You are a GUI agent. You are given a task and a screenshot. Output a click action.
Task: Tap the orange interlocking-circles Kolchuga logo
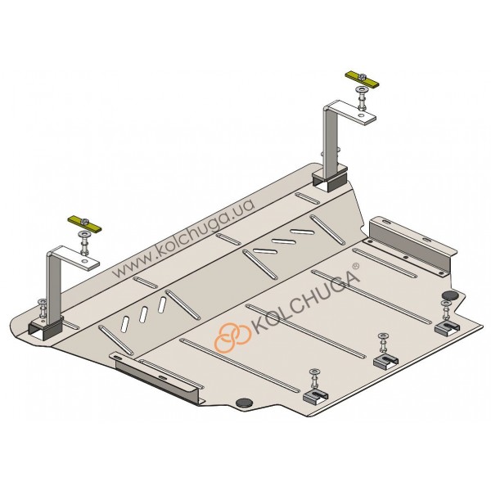(233, 337)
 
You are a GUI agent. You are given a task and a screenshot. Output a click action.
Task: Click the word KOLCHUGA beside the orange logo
(304, 300)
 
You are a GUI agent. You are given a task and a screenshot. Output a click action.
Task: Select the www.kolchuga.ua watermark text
(183, 237)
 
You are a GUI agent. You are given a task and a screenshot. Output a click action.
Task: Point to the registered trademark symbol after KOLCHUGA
(356, 267)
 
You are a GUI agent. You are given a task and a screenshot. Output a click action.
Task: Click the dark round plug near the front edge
(245, 403)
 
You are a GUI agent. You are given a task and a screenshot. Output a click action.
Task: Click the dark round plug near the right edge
(449, 295)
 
